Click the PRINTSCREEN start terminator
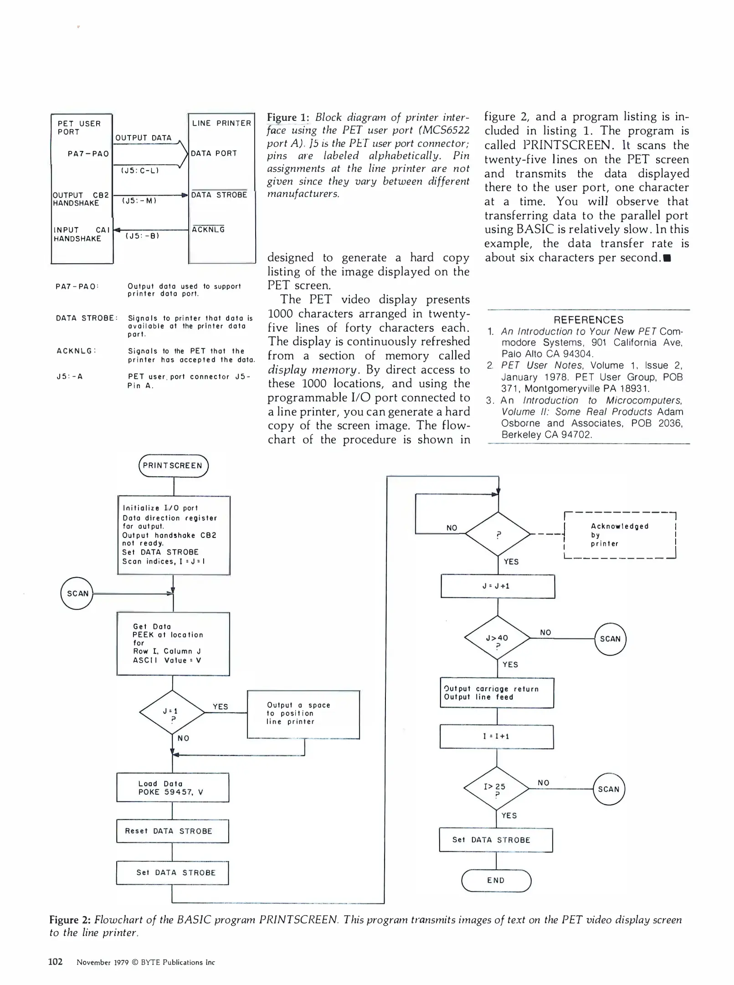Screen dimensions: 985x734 (x=173, y=466)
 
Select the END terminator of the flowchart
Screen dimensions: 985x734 (x=496, y=880)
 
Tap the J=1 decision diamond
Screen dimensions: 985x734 (x=172, y=712)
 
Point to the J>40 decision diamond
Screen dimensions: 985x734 (x=497, y=638)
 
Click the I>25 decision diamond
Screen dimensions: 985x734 (x=496, y=788)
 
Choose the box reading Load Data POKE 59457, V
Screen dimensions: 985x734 (x=173, y=788)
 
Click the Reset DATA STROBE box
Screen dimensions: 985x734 (x=173, y=831)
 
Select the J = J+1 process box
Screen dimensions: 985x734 (x=498, y=586)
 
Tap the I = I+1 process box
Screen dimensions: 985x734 (x=497, y=736)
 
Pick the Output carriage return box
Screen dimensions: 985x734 (x=497, y=693)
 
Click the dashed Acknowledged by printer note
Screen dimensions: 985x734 (x=620, y=535)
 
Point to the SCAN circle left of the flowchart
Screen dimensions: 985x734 (x=77, y=593)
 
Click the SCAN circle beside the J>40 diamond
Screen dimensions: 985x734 (x=611, y=639)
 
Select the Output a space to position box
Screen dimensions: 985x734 (x=303, y=714)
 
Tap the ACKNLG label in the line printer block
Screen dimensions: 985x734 (x=208, y=229)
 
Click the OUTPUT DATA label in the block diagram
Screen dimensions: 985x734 (x=144, y=138)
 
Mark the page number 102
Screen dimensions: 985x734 (x=55, y=962)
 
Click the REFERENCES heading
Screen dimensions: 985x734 (x=588, y=320)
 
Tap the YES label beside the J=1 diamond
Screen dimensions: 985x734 (x=220, y=706)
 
